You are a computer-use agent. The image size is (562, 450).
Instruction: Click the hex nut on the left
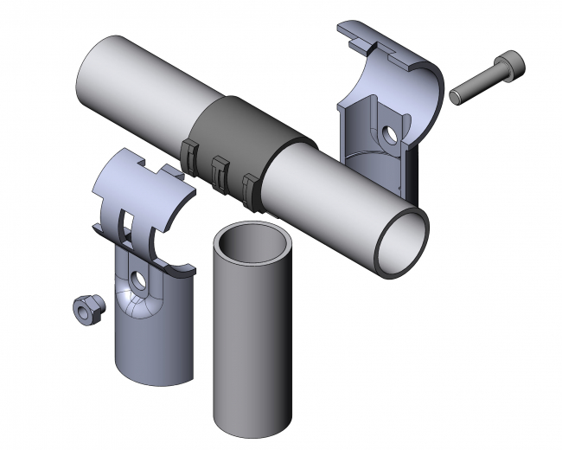tap(87, 309)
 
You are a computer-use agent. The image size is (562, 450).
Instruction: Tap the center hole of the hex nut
tap(87, 305)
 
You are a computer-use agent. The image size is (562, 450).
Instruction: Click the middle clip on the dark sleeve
tap(219, 172)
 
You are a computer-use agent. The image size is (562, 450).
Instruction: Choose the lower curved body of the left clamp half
tap(151, 337)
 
